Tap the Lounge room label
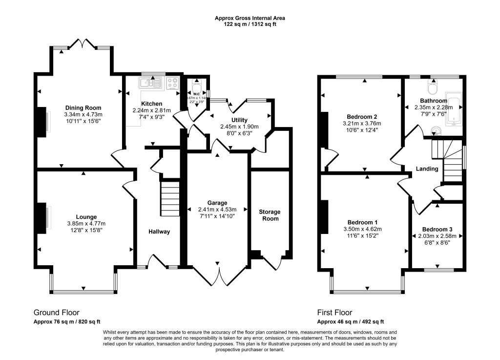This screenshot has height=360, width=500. coord(86,217)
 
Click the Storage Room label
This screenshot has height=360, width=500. coord(270,215)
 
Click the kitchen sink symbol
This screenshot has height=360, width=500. coord(152,83)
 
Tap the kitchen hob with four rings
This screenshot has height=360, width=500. coord(173,83)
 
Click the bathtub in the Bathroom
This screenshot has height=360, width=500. coord(455,108)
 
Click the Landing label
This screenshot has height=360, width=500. coord(427,169)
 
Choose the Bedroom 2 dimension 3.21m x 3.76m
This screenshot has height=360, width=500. coord(362,124)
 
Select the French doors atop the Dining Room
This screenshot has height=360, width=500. coord(82,44)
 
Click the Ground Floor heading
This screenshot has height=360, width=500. coord(56,313)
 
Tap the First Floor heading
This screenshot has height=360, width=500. coord(334,313)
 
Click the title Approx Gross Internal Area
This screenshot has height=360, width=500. coord(250,18)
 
